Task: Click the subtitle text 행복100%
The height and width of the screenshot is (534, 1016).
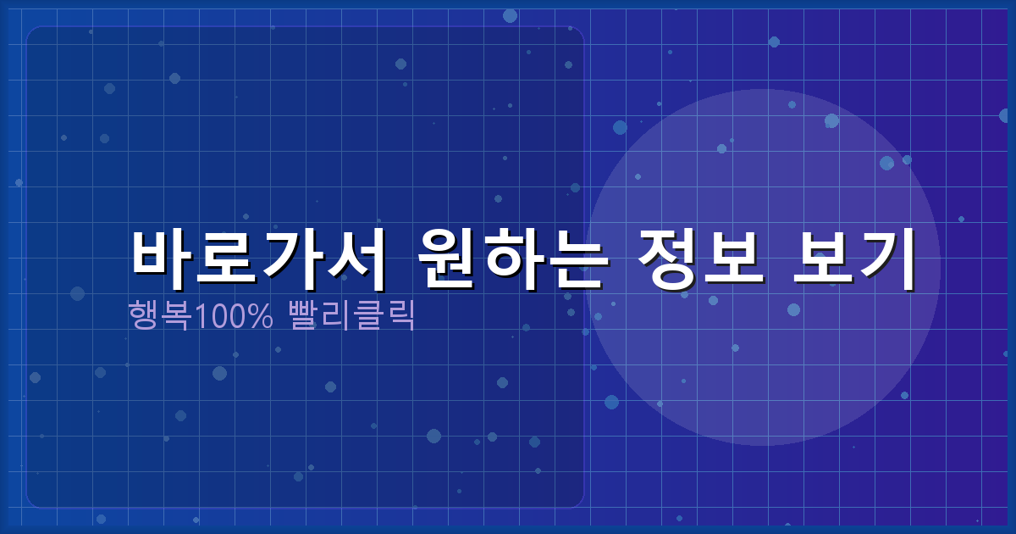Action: coord(201,315)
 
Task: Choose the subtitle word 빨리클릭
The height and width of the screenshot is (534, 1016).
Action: coord(352,315)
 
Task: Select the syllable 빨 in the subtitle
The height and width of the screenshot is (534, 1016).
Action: coord(306,315)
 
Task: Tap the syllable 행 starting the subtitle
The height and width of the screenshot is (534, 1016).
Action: coord(143,315)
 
